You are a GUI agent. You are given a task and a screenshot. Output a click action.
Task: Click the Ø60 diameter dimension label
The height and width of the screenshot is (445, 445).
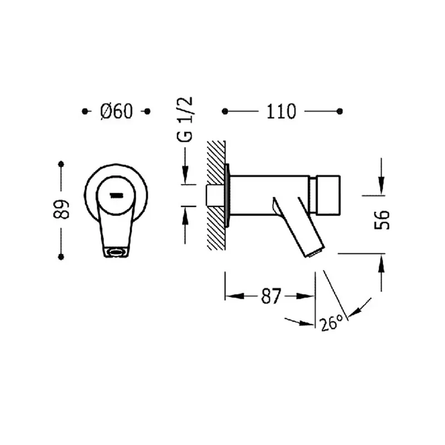(x=116, y=111)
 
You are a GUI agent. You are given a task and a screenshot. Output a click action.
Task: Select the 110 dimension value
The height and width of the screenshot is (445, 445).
(x=281, y=111)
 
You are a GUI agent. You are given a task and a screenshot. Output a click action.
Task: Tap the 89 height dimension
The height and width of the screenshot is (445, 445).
(x=61, y=210)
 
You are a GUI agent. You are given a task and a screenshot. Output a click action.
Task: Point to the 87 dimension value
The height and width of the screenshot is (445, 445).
(x=271, y=296)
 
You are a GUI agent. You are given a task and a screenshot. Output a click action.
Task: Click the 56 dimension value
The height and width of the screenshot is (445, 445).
(x=382, y=219)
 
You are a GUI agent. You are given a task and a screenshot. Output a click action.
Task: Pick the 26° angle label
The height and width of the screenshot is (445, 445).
(x=332, y=323)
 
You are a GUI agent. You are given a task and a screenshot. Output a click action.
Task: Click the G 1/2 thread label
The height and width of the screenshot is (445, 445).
(x=185, y=119)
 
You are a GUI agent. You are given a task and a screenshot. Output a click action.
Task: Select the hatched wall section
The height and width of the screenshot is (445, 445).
(x=216, y=195)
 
